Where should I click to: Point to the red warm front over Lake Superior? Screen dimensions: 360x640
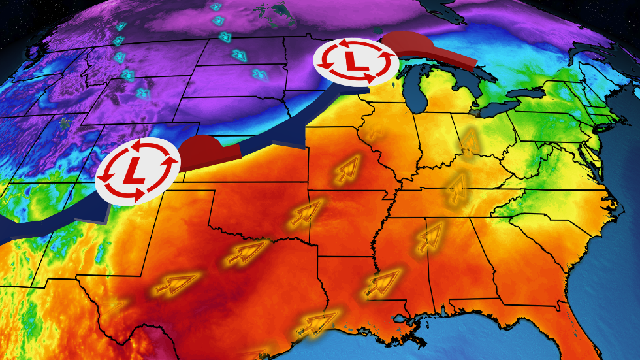coord(431,49)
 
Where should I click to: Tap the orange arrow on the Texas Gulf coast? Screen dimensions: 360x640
coord(316,323)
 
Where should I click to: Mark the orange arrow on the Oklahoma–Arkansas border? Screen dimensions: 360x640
coord(304,213)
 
